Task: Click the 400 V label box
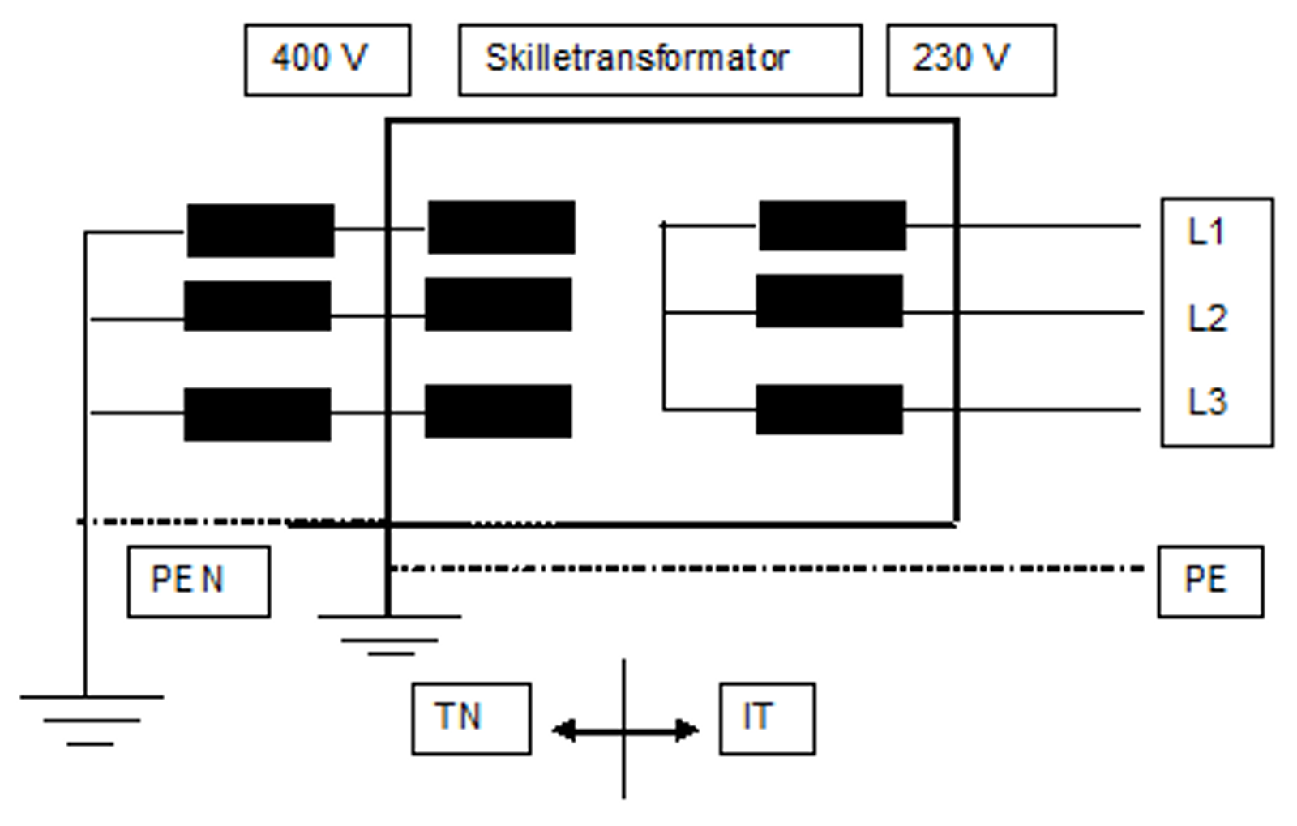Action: pyautogui.click(x=327, y=59)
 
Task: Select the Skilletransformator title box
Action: pyautogui.click(x=659, y=59)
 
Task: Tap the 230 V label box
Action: pyautogui.click(x=970, y=59)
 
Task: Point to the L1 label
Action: pyautogui.click(x=1206, y=233)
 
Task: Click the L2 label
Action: pyautogui.click(x=1208, y=318)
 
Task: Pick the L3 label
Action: pyautogui.click(x=1208, y=402)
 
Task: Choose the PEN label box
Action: pyautogui.click(x=199, y=581)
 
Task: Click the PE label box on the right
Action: pyautogui.click(x=1209, y=581)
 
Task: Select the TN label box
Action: pyautogui.click(x=471, y=718)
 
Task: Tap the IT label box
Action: pyautogui.click(x=767, y=718)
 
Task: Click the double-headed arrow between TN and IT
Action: pyautogui.click(x=624, y=731)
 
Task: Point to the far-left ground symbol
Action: pyautogui.click(x=91, y=719)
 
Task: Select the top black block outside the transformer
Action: pyautogui.click(x=260, y=231)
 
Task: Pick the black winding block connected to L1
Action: pyautogui.click(x=832, y=226)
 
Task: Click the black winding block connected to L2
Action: pyautogui.click(x=829, y=302)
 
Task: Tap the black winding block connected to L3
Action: pyautogui.click(x=829, y=409)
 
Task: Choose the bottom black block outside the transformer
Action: pyautogui.click(x=257, y=414)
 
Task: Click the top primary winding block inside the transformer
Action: pyautogui.click(x=501, y=228)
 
